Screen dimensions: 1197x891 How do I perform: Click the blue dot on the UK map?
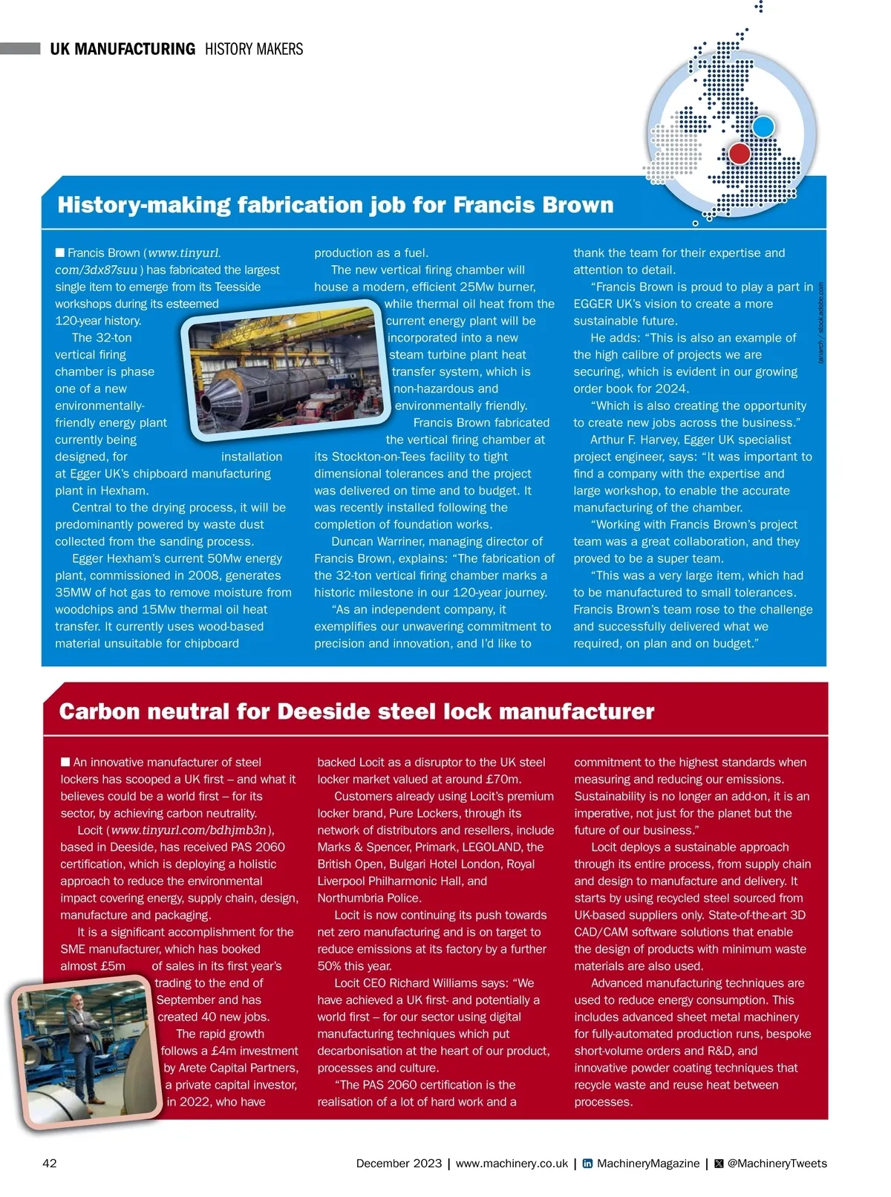pos(763,126)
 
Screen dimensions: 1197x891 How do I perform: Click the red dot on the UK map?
pos(740,154)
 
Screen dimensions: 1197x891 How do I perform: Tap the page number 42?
pos(50,1163)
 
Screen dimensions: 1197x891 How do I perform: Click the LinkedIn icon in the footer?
pos(587,1164)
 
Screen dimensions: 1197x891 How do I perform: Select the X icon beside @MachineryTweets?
pos(719,1164)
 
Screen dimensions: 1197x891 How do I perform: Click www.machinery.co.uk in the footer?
pos(512,1164)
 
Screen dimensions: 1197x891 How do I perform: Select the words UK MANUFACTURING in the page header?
pos(123,49)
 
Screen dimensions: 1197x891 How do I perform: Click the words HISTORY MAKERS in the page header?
pos(254,49)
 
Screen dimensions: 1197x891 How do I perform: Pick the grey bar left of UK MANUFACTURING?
pos(20,49)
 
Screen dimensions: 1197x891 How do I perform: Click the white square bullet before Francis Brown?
pos(60,252)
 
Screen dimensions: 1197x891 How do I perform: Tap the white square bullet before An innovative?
pos(65,762)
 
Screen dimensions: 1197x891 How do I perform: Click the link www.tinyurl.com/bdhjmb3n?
pos(189,830)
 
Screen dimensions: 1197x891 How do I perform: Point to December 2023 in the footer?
pos(399,1164)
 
